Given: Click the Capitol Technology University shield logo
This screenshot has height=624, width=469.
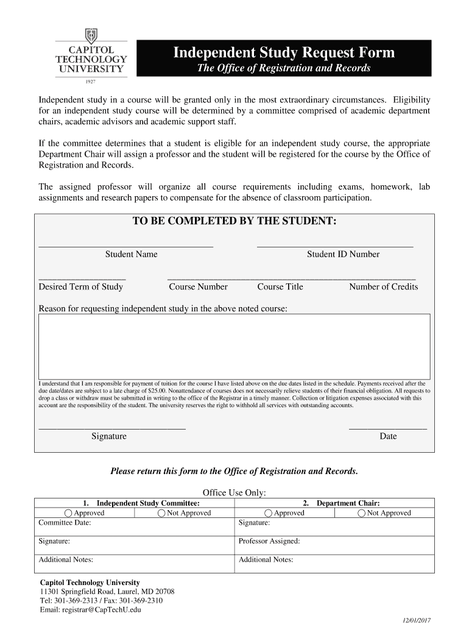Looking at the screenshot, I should [x=91, y=36].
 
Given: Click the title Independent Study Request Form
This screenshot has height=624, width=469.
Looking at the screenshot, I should [x=284, y=53].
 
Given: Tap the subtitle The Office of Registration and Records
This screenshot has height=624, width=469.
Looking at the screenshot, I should [x=284, y=68].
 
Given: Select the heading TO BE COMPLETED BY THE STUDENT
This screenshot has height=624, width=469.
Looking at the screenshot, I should [x=234, y=221].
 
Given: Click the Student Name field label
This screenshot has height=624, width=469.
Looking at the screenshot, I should [x=131, y=254].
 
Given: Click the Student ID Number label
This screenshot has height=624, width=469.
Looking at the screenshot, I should [x=343, y=254].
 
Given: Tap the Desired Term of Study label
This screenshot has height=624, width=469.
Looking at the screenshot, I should [x=81, y=286].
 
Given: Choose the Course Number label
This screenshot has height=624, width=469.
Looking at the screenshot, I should [x=198, y=286].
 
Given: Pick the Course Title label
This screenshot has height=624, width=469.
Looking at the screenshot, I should [x=280, y=286].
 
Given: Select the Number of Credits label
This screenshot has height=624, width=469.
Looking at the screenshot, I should [x=383, y=286].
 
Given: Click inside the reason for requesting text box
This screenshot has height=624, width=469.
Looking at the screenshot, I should [x=234, y=346].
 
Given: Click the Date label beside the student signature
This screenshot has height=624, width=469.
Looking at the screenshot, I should [x=388, y=436].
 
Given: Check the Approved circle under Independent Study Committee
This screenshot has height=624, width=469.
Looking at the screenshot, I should [x=69, y=513].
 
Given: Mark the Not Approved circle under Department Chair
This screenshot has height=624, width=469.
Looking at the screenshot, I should [x=362, y=513].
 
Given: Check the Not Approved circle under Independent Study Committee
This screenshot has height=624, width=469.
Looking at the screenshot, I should [x=161, y=513].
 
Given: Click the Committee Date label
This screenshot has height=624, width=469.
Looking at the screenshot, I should [x=65, y=523].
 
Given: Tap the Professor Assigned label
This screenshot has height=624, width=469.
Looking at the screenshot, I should [x=269, y=541].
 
